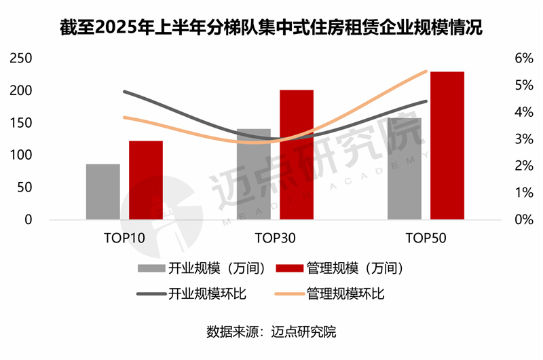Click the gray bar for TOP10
point(103,192)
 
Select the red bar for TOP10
point(146,180)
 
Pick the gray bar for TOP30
point(254,174)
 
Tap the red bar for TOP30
point(297,155)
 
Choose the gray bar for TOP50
point(405,168)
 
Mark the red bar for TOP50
point(447,145)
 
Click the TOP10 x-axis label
point(124,238)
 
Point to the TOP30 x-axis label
point(275,238)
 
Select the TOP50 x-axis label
point(426,238)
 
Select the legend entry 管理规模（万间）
point(339,268)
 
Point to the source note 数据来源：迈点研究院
point(271,333)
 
